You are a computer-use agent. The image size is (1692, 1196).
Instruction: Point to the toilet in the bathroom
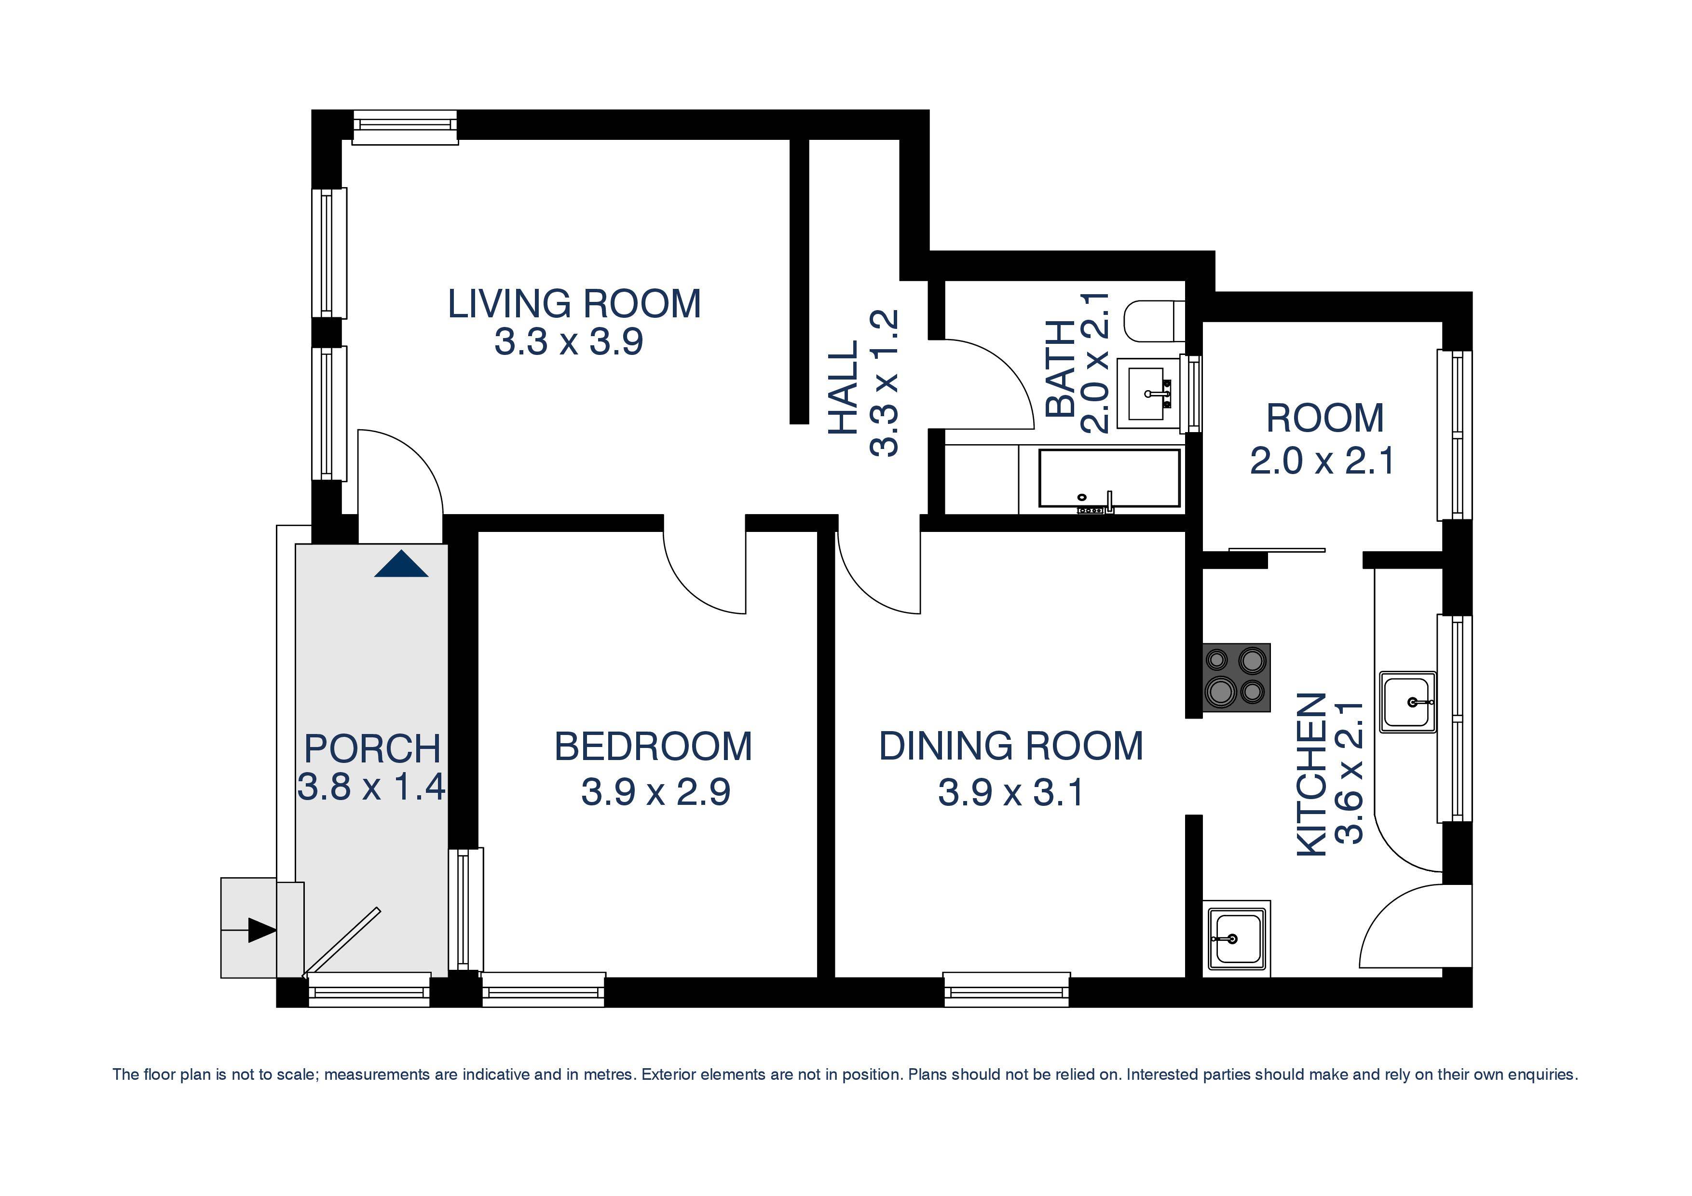point(1153,321)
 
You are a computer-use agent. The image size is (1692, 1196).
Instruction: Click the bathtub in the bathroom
point(1108,479)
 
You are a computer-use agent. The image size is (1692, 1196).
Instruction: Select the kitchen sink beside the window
point(1407,702)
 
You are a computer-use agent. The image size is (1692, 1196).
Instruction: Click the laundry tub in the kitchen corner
point(1236,938)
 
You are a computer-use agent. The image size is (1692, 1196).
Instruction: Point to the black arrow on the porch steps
point(260,930)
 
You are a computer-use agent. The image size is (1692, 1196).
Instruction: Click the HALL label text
point(844,386)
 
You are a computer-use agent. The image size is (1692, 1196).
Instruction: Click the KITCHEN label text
point(1312,774)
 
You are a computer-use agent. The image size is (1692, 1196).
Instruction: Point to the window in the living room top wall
point(405,127)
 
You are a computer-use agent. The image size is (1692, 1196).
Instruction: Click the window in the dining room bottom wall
point(1006,990)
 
